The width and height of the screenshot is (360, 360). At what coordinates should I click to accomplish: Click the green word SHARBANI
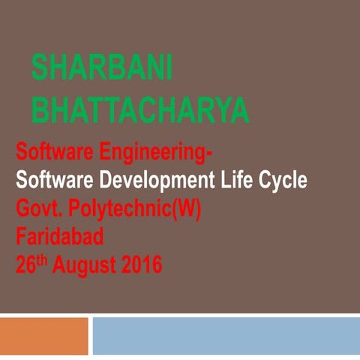point(102,68)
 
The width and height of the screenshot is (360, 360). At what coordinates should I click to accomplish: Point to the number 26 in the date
point(25,265)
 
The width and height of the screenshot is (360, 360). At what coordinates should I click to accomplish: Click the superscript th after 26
point(40,259)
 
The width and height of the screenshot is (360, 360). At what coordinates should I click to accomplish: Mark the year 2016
point(142,265)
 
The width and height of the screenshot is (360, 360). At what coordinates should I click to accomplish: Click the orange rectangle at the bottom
point(43,335)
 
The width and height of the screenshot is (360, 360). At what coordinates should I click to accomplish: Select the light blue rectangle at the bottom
point(226,335)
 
